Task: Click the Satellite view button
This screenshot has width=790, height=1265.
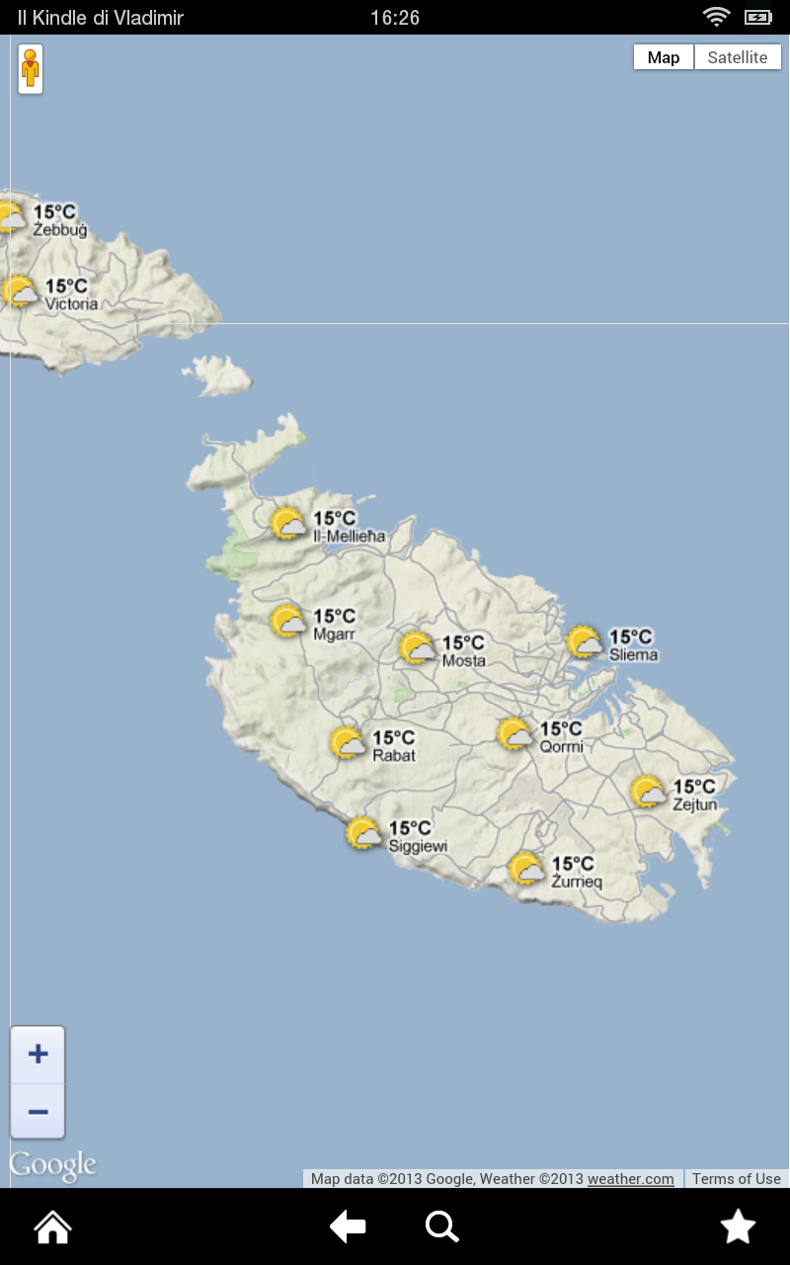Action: pyautogui.click(x=737, y=57)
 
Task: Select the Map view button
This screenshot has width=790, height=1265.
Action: pyautogui.click(x=664, y=57)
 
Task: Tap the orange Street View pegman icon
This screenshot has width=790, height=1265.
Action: pyautogui.click(x=31, y=68)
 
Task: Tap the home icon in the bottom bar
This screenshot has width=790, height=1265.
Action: pyautogui.click(x=53, y=1227)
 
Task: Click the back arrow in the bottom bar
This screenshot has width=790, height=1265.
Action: pyautogui.click(x=348, y=1227)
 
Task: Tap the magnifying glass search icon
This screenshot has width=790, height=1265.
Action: pyautogui.click(x=441, y=1227)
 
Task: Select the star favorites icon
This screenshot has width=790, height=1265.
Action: pyautogui.click(x=738, y=1227)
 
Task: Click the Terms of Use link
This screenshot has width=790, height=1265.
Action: pyautogui.click(x=736, y=1178)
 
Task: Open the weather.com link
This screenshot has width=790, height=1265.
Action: pyautogui.click(x=630, y=1178)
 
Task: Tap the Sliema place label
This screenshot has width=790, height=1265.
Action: pyautogui.click(x=633, y=654)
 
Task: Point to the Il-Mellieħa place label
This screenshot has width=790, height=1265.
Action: pyautogui.click(x=349, y=536)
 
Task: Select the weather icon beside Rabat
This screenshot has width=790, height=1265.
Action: pyautogui.click(x=348, y=743)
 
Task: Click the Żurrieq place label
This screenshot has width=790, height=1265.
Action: pyautogui.click(x=577, y=882)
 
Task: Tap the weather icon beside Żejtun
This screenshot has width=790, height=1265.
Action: pyautogui.click(x=649, y=793)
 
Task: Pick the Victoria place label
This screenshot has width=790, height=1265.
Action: pyautogui.click(x=71, y=304)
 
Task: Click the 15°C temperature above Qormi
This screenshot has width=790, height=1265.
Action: pyautogui.click(x=561, y=729)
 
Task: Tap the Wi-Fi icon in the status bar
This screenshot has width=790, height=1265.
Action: pyautogui.click(x=715, y=17)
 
